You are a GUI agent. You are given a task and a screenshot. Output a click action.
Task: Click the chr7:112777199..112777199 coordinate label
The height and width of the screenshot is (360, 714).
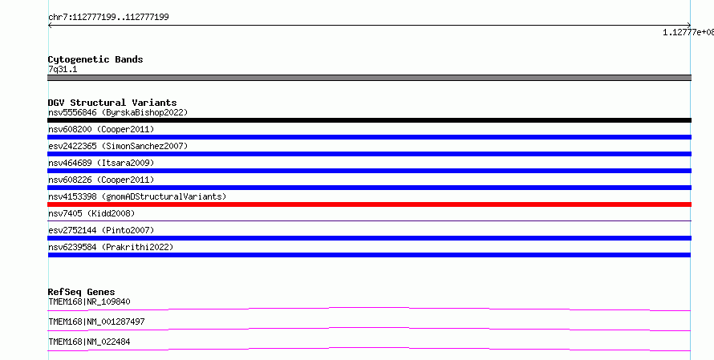point(108,18)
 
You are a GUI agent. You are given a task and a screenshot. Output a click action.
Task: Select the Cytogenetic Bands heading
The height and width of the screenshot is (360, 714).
point(95,59)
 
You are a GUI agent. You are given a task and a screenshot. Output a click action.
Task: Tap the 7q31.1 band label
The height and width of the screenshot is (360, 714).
point(63,69)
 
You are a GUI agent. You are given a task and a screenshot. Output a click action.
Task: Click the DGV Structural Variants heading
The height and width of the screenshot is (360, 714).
point(112,103)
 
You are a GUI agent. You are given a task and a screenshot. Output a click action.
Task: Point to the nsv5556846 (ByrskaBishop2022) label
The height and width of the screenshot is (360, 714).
point(118,112)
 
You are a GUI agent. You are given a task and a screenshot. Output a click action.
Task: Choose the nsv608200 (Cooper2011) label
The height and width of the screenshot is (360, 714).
point(101,129)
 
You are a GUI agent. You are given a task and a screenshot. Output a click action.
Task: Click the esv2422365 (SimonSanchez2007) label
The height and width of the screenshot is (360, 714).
point(118,146)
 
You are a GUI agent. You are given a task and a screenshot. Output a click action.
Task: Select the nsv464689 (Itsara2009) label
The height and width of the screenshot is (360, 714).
point(101,163)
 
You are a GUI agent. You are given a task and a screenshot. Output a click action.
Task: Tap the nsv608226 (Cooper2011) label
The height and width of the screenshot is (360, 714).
point(101,180)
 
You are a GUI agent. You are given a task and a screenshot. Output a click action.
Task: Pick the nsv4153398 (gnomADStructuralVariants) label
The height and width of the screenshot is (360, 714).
point(137,196)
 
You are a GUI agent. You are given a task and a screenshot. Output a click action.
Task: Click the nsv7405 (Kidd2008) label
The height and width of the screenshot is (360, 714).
point(91,213)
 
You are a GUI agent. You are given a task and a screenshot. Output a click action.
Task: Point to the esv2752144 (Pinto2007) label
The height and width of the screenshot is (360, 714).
point(101,230)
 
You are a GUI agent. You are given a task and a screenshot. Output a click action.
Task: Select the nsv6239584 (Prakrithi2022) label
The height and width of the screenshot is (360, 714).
point(111,247)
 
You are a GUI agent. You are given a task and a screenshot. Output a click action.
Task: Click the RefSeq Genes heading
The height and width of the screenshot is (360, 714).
point(81,292)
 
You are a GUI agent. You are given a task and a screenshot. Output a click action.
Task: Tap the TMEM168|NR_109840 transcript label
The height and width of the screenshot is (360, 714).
point(89,301)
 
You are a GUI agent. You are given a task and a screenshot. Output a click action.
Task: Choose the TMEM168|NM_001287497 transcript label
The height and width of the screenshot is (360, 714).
point(96,322)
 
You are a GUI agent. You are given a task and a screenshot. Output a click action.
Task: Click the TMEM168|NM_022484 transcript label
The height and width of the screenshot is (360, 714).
point(89,342)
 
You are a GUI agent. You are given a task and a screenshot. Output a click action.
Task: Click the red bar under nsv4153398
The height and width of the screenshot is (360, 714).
point(369,204)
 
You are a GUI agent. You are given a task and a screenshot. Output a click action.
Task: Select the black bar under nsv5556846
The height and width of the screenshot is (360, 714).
point(369,120)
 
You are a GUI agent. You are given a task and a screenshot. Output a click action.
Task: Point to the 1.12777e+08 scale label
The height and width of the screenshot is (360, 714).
point(688,32)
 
